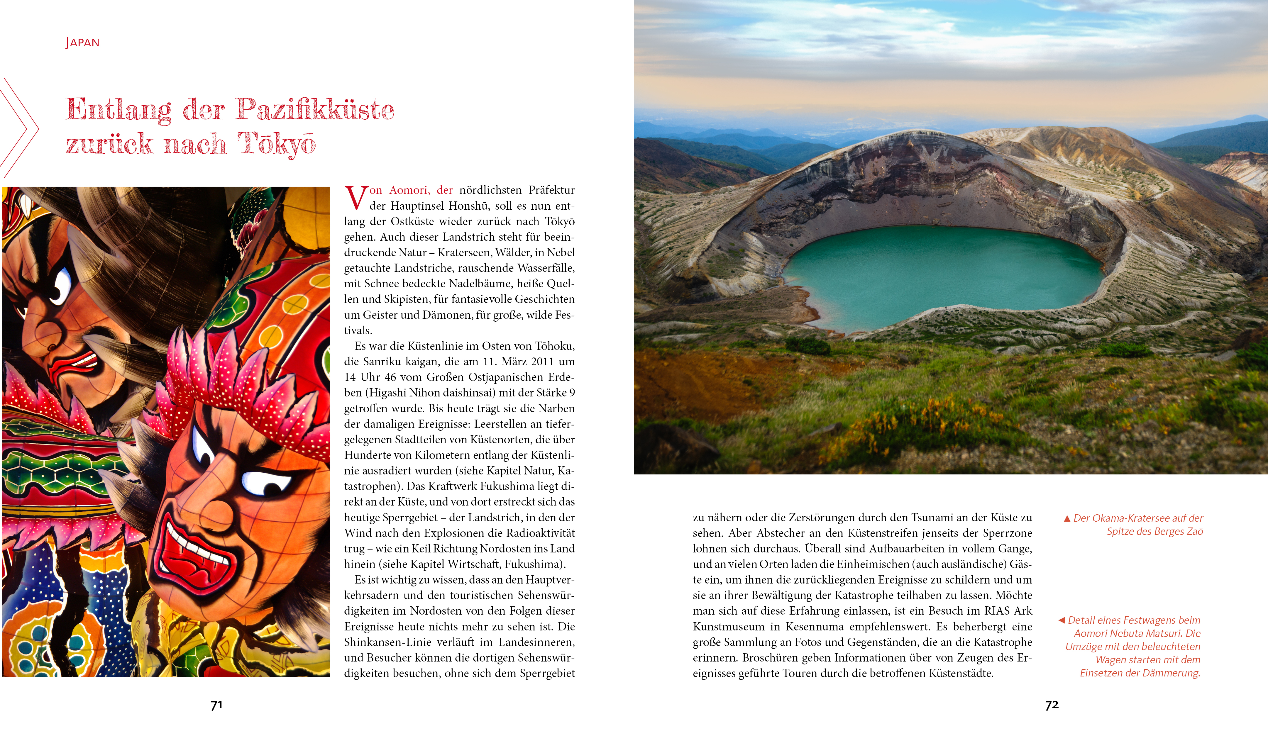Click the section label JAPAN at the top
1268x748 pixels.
click(82, 42)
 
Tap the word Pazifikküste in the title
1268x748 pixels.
click(315, 109)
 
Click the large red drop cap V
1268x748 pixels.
click(355, 198)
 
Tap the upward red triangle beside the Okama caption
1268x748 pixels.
click(1067, 518)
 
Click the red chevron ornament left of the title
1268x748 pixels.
click(20, 128)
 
